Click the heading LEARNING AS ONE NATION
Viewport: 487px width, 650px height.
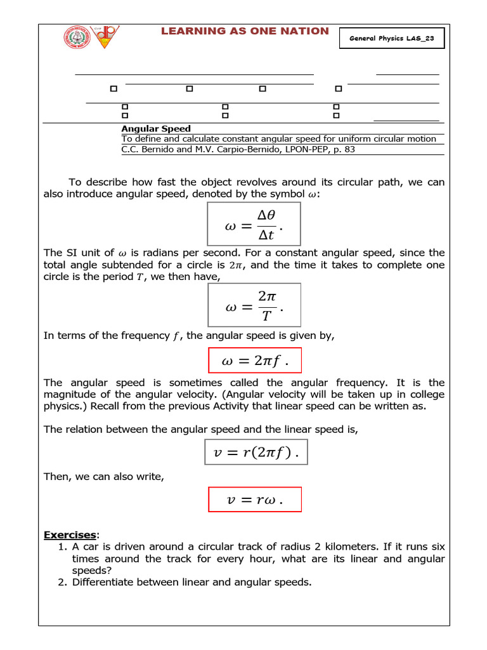[244, 31]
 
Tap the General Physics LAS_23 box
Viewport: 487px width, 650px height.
[392, 39]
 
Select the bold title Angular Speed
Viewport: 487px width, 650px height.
[156, 129]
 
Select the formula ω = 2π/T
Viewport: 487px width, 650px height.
[254, 305]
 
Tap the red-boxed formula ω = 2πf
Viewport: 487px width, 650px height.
[255, 361]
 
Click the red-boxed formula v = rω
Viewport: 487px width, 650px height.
[255, 500]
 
